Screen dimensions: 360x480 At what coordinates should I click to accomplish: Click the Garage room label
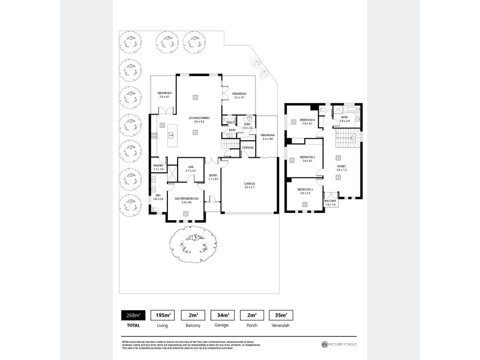(250, 184)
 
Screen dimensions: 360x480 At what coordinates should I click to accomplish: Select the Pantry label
(158, 167)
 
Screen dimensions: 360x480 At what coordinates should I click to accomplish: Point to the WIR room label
(190, 169)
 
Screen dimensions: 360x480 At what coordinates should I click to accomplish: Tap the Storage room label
(247, 148)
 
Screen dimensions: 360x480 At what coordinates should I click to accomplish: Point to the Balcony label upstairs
(331, 202)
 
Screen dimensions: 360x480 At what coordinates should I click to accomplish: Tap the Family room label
(341, 167)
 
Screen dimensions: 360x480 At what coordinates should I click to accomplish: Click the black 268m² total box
(131, 315)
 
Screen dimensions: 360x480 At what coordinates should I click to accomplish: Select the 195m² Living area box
(161, 315)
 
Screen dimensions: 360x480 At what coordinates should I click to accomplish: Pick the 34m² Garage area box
(221, 315)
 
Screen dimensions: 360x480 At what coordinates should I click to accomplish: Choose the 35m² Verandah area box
(281, 315)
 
